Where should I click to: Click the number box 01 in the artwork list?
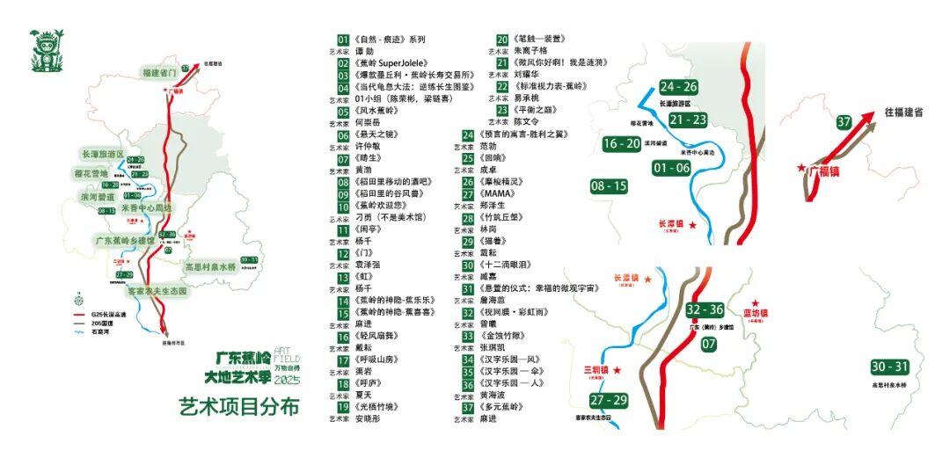344,40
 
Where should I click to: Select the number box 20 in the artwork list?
503,40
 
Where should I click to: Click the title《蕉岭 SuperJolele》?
391,63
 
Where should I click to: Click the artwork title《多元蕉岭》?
501,407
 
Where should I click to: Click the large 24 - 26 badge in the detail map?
678,87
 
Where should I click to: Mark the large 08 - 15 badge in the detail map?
609,186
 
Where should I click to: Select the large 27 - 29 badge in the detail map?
609,401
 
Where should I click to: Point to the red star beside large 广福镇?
801,167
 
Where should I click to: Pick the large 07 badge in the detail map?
709,344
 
